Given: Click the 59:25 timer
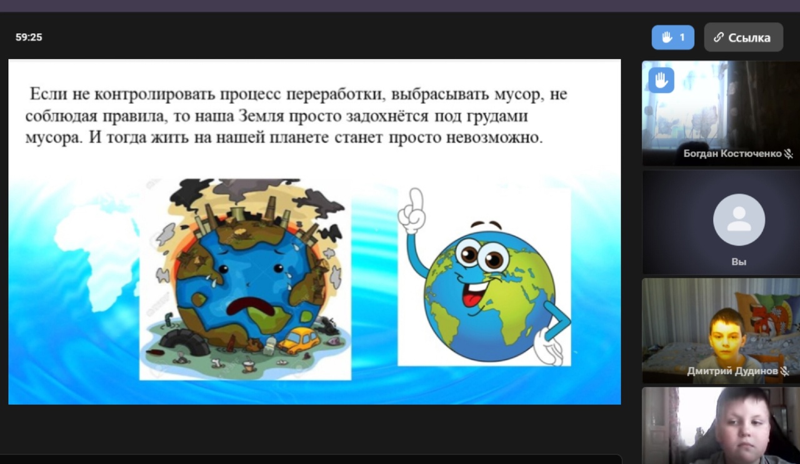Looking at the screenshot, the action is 29,37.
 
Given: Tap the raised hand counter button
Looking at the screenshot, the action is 673,37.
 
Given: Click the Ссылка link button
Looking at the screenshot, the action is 744,37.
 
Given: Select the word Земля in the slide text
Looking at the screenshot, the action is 261,116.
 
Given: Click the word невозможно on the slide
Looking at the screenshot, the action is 494,138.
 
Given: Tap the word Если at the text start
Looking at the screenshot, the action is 49,94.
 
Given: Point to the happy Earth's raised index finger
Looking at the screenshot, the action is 415,199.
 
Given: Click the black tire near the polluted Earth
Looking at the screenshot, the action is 184,342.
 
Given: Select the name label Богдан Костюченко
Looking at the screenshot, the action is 732,153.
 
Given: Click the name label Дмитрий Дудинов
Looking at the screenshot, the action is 732,371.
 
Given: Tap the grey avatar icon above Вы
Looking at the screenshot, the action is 739,220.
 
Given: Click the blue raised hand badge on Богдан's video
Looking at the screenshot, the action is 661,80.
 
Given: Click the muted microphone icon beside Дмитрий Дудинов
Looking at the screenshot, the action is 785,371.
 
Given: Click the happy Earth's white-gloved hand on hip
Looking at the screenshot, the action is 548,346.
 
